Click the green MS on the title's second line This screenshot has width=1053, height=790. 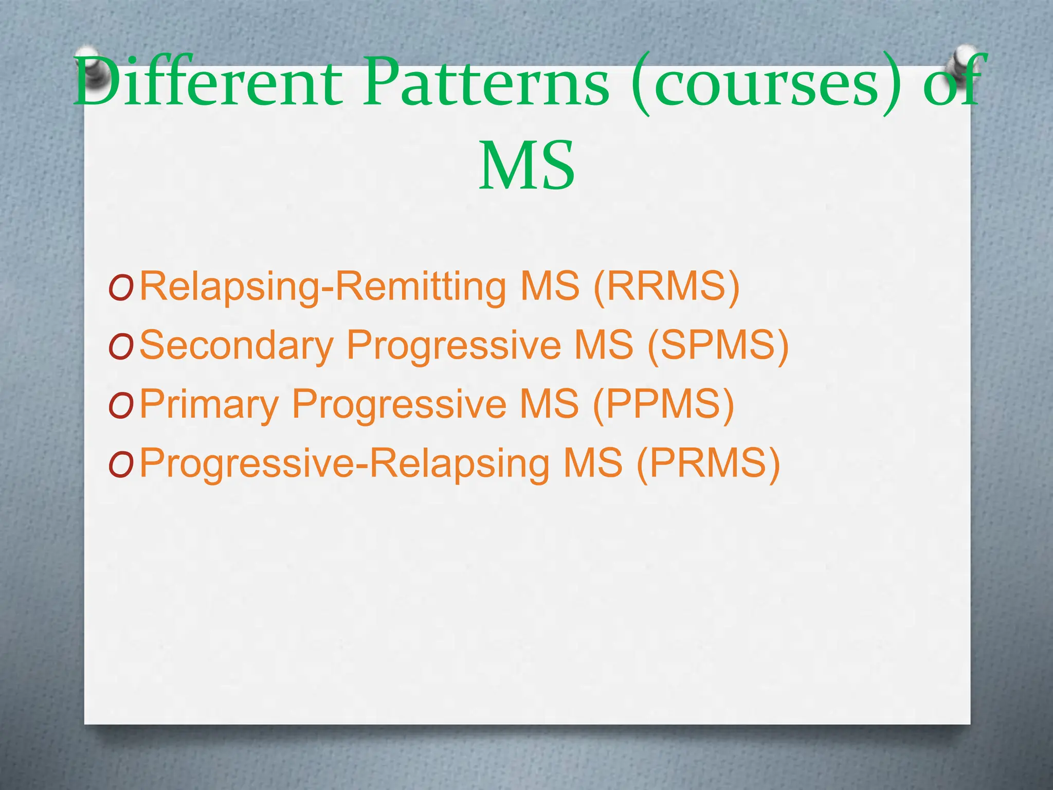point(526,166)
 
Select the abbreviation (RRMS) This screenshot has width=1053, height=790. point(666,286)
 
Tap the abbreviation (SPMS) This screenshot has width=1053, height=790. point(718,345)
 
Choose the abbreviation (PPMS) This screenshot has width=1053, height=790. point(663,404)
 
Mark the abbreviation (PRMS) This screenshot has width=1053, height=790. point(708,463)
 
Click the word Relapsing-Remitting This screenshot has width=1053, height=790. point(323,286)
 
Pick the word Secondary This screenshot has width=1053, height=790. point(237,345)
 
